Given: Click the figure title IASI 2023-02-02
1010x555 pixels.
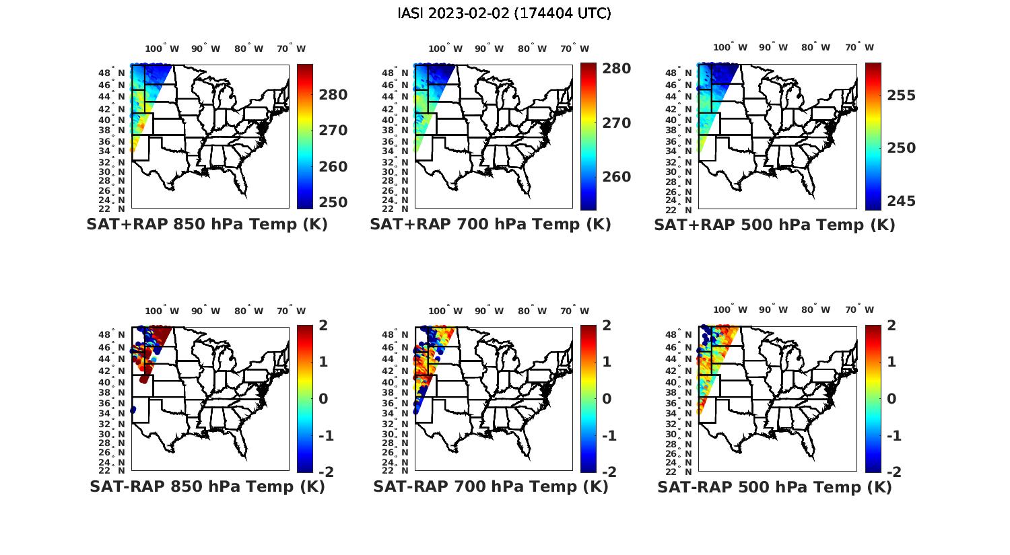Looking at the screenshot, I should click(x=504, y=13).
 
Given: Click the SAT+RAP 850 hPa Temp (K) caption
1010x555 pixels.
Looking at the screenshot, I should click(x=207, y=225).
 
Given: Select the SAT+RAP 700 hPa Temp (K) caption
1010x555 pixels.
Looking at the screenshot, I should click(x=490, y=225).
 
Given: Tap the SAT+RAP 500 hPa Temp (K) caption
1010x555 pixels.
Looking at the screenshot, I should click(x=774, y=225).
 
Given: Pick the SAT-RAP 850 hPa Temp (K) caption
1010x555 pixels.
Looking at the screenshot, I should click(x=207, y=486).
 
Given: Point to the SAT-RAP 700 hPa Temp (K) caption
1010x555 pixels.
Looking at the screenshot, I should click(x=490, y=486).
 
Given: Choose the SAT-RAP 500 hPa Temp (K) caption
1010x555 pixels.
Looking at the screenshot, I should click(x=774, y=486).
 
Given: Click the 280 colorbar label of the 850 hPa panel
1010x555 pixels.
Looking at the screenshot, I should click(x=333, y=95).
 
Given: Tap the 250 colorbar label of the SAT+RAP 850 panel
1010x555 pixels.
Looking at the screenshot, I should click(x=333, y=202).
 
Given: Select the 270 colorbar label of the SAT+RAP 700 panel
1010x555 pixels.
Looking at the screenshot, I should click(x=617, y=123).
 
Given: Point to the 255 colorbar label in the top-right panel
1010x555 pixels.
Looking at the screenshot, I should click(x=901, y=96).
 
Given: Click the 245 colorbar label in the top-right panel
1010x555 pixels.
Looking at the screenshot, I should click(x=901, y=201).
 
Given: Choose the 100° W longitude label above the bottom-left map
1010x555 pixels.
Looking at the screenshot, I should click(x=162, y=311).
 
